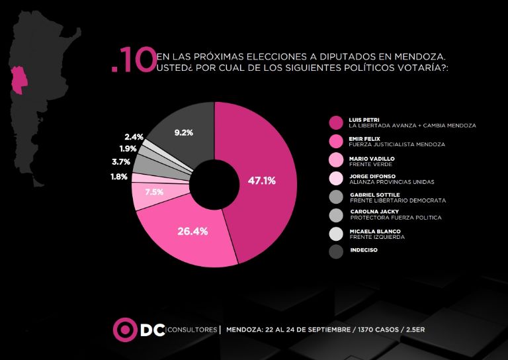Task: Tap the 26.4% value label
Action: coord(193,231)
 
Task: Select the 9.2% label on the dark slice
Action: coord(183,132)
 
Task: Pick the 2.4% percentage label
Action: coord(134,137)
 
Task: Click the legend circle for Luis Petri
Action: coord(336,122)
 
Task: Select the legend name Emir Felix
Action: coord(363,138)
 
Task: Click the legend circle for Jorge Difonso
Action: coord(336,177)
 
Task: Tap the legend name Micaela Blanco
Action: coord(372,230)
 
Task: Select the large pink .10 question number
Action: coord(134,62)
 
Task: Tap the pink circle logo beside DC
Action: coord(124,330)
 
